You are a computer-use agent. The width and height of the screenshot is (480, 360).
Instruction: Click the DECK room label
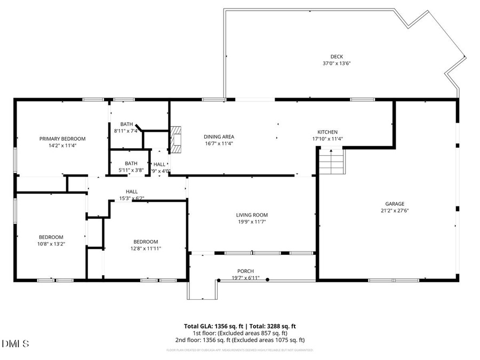(337, 57)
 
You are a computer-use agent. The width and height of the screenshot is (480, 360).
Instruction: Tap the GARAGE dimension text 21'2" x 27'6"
(395, 210)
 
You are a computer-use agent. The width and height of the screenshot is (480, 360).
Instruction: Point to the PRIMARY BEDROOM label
(62, 139)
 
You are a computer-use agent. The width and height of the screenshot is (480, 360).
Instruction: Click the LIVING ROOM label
(252, 215)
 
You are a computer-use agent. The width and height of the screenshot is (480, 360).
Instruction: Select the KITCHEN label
(327, 132)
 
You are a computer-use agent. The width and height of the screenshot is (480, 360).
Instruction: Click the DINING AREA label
(219, 137)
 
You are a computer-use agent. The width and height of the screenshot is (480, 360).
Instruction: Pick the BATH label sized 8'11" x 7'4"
(126, 124)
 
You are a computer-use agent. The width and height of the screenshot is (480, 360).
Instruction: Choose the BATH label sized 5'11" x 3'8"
(131, 164)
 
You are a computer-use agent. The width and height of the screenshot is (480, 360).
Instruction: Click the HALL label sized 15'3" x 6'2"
(131, 191)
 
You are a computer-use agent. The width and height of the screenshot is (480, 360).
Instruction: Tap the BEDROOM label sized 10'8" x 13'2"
(51, 237)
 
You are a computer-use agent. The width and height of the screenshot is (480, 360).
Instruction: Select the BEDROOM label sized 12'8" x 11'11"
(146, 242)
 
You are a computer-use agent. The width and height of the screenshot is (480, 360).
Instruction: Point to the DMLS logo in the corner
(16, 343)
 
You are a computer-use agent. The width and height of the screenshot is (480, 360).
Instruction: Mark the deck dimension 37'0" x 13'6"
(337, 63)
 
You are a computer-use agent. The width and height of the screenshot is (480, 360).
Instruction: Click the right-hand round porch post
(268, 279)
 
